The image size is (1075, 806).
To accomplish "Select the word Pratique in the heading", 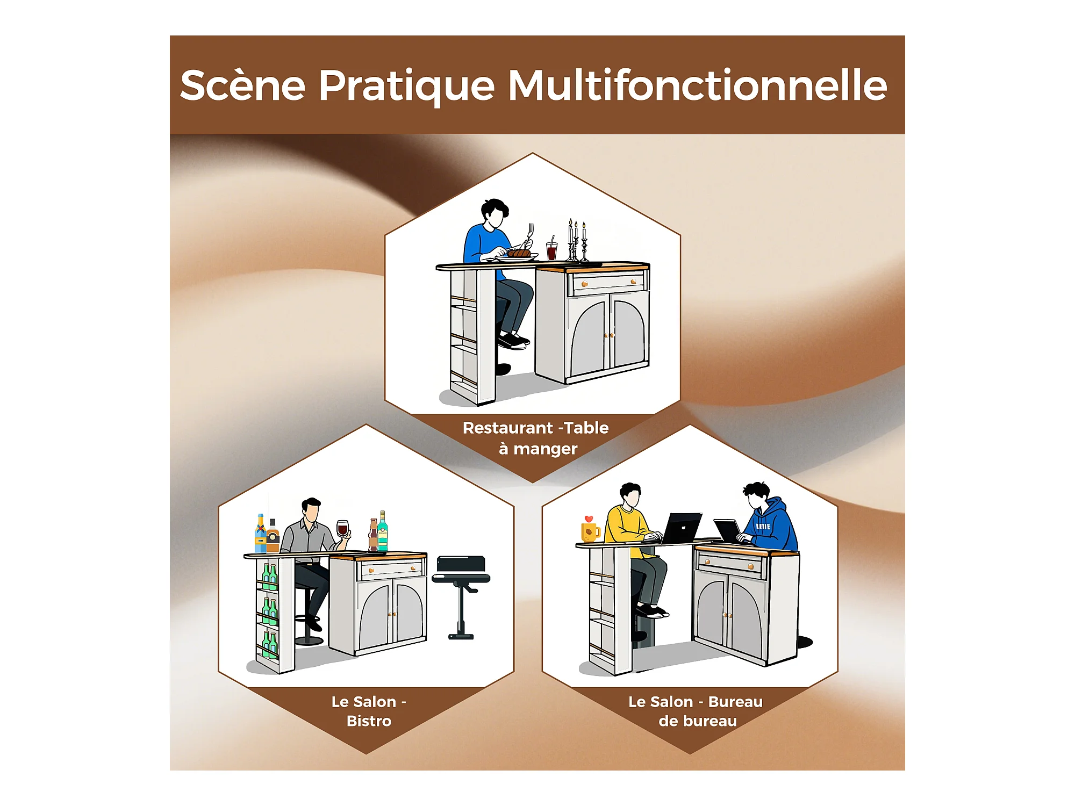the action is [x=407, y=86].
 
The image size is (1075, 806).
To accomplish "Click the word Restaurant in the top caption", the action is [x=508, y=428].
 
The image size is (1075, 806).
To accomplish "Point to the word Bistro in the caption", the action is [x=369, y=721].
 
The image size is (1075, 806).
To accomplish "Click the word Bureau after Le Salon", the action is [x=735, y=702].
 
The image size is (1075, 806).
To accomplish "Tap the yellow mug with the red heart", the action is [x=590, y=529].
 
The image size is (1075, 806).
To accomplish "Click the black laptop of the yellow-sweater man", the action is [x=682, y=528].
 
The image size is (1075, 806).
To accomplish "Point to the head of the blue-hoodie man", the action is [x=757, y=495].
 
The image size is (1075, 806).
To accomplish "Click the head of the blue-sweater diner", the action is [x=494, y=213].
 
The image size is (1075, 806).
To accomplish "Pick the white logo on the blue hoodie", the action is [x=763, y=527].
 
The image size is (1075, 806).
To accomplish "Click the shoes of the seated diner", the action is [x=513, y=341].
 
